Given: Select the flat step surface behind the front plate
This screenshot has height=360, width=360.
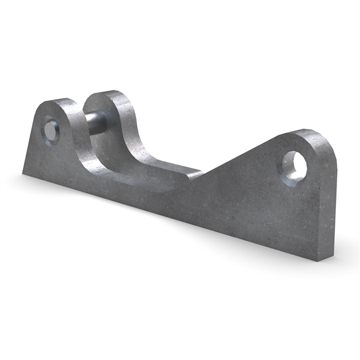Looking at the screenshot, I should tap(171, 169).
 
